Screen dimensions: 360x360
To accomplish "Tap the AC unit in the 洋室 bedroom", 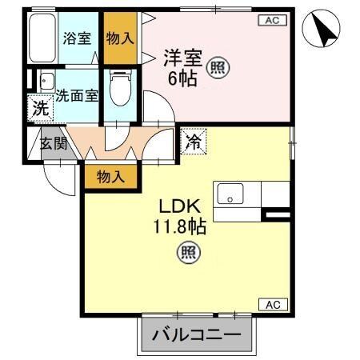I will tap(270, 22).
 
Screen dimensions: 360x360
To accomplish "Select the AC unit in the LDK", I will tap(270, 304).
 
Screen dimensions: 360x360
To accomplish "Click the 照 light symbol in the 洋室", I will tap(217, 69).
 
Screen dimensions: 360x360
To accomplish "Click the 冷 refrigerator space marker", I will tap(192, 142).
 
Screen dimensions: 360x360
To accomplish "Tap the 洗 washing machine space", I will tap(38, 108).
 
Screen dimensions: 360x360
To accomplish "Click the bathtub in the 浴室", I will tap(42, 39).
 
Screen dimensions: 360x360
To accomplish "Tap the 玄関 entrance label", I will tap(51, 145).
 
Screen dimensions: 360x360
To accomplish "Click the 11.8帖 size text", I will tap(181, 226).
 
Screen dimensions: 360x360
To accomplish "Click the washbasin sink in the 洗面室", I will tap(46, 81).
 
